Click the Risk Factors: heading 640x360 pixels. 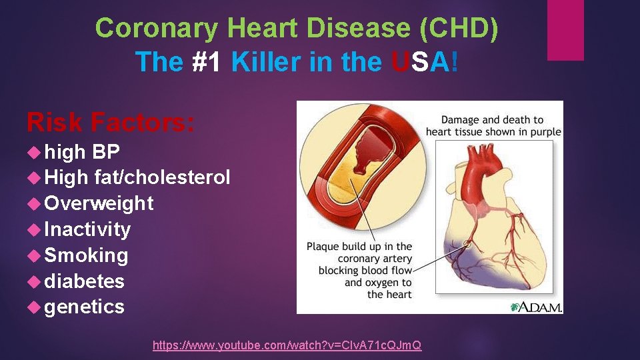[x=111, y=122]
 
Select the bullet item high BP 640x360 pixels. [x=82, y=152]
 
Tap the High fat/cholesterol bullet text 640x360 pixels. [x=137, y=177]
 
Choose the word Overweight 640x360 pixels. [x=99, y=203]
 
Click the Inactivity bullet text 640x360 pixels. [x=87, y=229]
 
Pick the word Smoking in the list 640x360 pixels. [x=86, y=255]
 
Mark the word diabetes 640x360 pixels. [x=84, y=281]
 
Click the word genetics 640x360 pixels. [x=84, y=307]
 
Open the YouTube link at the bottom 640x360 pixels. [x=287, y=345]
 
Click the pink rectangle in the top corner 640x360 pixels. [x=565, y=30]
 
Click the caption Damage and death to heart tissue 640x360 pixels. [x=493, y=125]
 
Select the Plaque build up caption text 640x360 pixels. [x=360, y=270]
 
